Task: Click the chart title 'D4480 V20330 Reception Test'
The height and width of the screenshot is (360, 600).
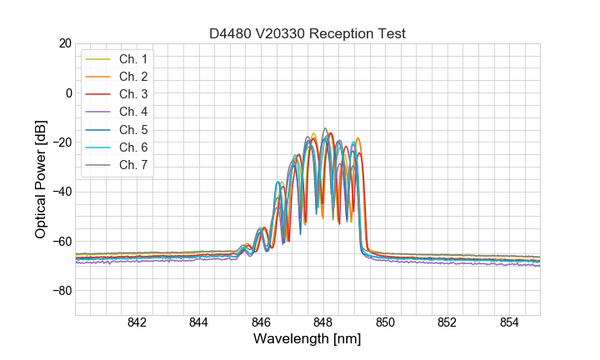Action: (307, 33)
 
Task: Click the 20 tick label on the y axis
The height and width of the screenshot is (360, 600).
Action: (65, 43)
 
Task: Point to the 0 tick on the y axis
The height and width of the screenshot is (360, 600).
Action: (68, 92)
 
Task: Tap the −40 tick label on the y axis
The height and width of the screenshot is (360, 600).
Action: (62, 192)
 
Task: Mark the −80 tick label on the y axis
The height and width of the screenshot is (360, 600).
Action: (62, 291)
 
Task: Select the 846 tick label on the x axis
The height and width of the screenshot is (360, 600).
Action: (261, 323)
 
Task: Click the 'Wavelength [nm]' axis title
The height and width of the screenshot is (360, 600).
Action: (307, 340)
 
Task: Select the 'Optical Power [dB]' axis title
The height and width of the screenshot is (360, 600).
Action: (41, 179)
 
